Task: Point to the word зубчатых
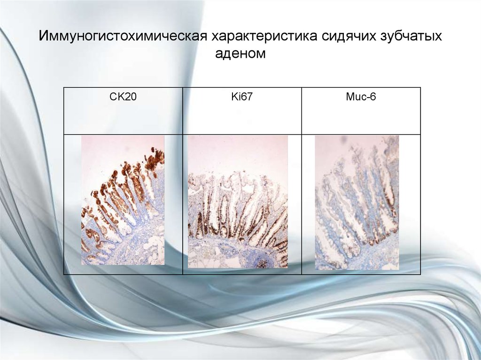tap(408, 37)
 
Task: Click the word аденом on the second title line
tap(240, 54)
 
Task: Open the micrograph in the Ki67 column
tap(238, 202)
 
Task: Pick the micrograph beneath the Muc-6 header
tap(357, 202)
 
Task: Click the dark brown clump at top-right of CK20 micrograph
tap(154, 160)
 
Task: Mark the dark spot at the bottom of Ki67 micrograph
tap(261, 262)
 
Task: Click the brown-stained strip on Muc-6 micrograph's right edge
tap(393, 197)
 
